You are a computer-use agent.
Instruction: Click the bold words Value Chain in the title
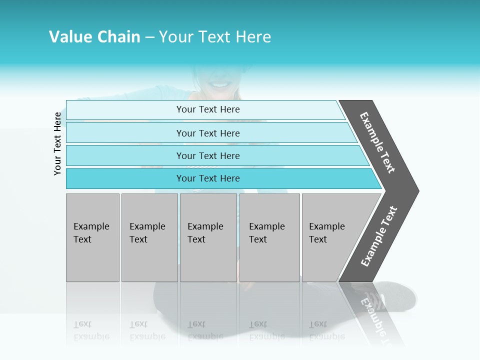[94, 37]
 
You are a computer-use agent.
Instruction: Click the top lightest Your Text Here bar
[207, 109]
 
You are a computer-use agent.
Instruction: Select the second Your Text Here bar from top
[207, 133]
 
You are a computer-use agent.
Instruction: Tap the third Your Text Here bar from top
[207, 155]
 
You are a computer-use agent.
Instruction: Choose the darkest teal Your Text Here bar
[207, 178]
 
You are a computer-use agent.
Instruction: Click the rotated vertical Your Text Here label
[57, 143]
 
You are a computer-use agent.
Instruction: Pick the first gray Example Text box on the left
[92, 237]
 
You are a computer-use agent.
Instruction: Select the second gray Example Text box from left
[149, 237]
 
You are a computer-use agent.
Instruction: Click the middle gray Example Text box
[208, 237]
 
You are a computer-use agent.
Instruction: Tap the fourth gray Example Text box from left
[269, 237]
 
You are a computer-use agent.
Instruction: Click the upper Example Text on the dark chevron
[378, 142]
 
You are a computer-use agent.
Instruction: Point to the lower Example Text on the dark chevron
[379, 236]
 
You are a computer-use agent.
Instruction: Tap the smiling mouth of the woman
[220, 84]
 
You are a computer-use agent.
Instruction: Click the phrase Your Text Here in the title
[215, 37]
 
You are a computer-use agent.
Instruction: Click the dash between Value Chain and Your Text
[149, 37]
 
